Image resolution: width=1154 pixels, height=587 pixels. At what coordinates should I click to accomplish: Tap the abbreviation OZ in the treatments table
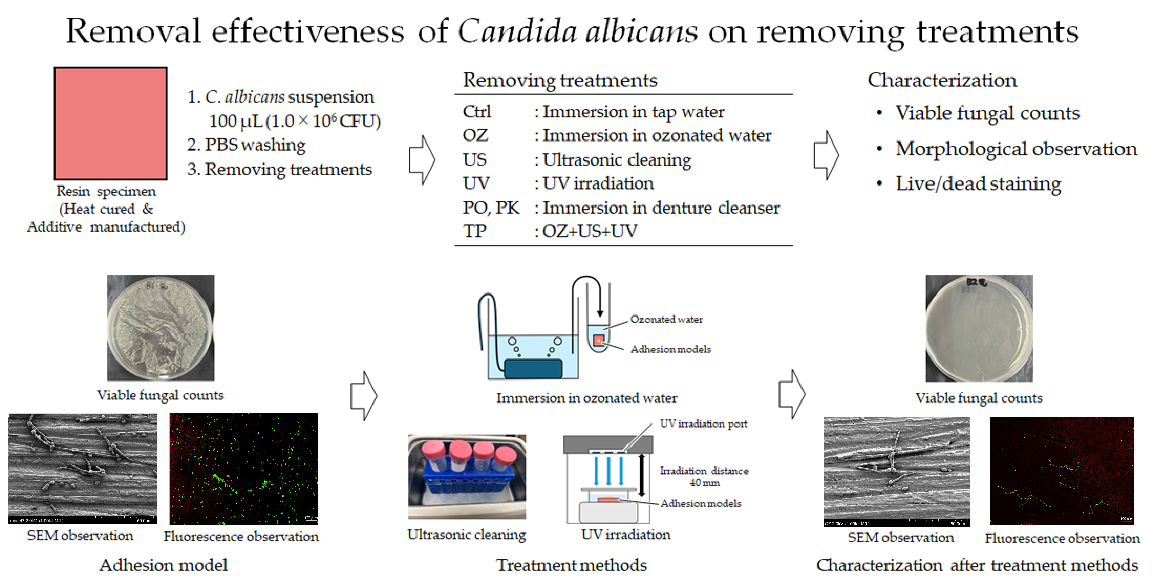point(475,135)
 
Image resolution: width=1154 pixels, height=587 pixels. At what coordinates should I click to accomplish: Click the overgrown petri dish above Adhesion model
point(160,328)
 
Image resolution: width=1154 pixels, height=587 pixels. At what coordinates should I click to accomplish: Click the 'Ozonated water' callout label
point(666,319)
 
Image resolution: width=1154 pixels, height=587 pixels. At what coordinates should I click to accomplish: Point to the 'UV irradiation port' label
point(703,424)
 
